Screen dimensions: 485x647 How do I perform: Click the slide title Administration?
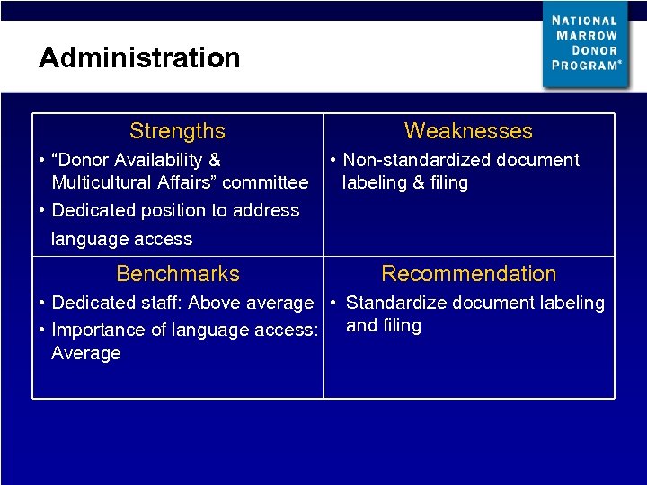[x=139, y=58]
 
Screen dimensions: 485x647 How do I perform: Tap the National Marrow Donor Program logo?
[x=586, y=44]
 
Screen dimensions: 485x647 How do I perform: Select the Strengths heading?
[x=177, y=131]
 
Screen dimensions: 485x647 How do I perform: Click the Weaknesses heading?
[x=468, y=131]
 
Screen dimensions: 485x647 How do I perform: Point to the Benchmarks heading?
[x=178, y=274]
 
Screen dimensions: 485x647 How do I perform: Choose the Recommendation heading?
[x=469, y=274]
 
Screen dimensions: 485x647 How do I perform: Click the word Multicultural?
[x=105, y=183]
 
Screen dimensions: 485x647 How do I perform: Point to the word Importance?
[x=97, y=331]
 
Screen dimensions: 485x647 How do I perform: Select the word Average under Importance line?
[x=86, y=354]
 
